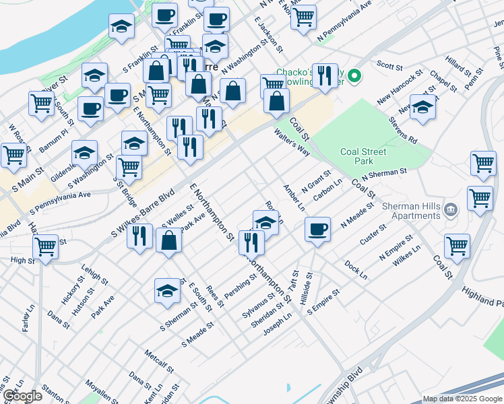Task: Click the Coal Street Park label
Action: coord(364,156)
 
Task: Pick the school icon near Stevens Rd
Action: coord(422,107)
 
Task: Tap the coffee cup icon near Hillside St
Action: coord(317,229)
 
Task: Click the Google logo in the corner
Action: coord(22,396)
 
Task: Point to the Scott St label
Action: coord(389,65)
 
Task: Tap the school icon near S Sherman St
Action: coord(167,290)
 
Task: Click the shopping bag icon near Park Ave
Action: coord(168,240)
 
